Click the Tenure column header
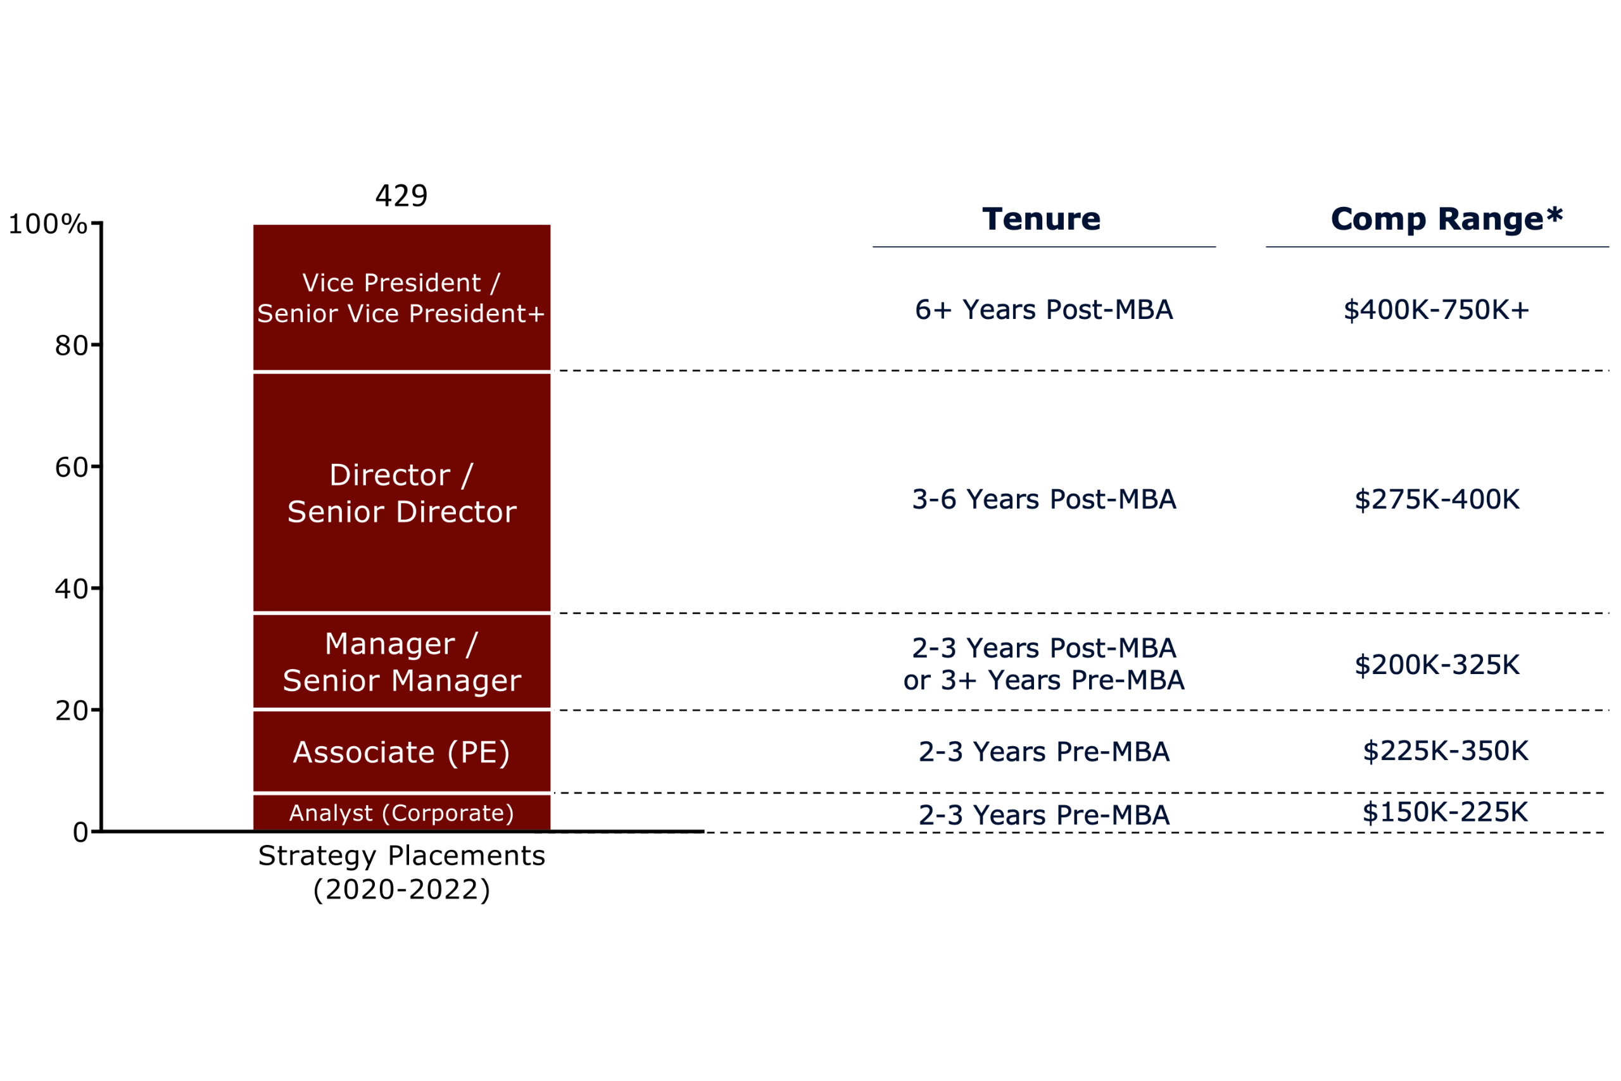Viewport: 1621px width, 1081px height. pos(1041,219)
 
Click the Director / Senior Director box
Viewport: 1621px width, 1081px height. pos(401,492)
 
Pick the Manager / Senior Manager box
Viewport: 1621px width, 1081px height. pos(401,661)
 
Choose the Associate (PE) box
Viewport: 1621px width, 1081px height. pos(401,751)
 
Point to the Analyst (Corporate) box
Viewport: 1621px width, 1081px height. pos(401,813)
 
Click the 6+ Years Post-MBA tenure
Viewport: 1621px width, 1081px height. pos(1044,310)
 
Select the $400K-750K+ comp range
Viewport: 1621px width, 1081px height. pos(1436,310)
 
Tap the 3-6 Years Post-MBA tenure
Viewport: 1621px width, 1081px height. pos(1044,500)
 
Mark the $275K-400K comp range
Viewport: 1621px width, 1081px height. pos(1437,500)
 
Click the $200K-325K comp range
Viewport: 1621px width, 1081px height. pos(1437,665)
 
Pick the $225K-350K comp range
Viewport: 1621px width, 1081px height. pos(1445,751)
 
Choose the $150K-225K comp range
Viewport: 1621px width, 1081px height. pos(1445,812)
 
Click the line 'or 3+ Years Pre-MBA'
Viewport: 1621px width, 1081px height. pos(1044,680)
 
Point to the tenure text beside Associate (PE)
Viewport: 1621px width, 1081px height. pos(1044,751)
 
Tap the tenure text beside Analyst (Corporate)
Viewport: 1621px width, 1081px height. pos(1044,815)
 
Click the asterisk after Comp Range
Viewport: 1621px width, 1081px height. pos(1554,215)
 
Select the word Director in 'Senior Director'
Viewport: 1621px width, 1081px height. pos(456,512)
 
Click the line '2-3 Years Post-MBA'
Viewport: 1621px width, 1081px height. pos(1044,648)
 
